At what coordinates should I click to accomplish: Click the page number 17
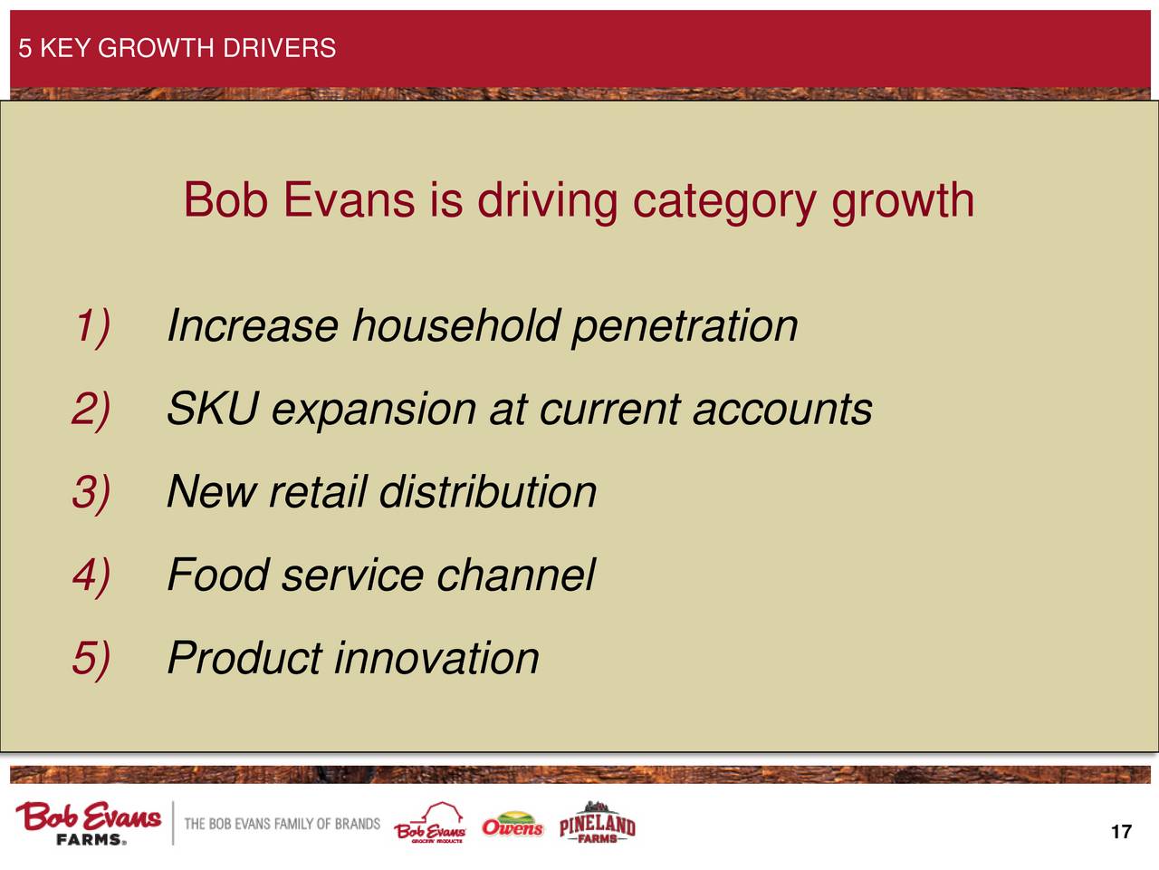point(1121,832)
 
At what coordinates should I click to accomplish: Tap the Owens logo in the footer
point(512,825)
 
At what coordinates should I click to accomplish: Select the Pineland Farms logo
point(598,823)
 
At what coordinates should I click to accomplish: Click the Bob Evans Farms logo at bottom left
point(88,823)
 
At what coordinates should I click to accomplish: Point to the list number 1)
point(92,327)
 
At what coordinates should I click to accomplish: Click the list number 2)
point(91,410)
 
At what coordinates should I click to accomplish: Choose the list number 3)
point(91,493)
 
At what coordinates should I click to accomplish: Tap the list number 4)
point(91,575)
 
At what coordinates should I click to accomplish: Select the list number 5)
point(91,659)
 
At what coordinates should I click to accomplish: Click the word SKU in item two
point(213,409)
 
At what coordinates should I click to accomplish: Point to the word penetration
point(685,328)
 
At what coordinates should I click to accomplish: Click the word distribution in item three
point(488,492)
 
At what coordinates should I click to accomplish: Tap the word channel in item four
point(516,575)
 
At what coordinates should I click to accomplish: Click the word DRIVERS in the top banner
point(279,48)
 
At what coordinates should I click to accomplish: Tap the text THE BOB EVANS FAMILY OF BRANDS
point(282,824)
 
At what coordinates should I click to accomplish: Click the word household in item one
point(455,326)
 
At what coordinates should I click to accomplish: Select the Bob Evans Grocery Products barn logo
point(430,824)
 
